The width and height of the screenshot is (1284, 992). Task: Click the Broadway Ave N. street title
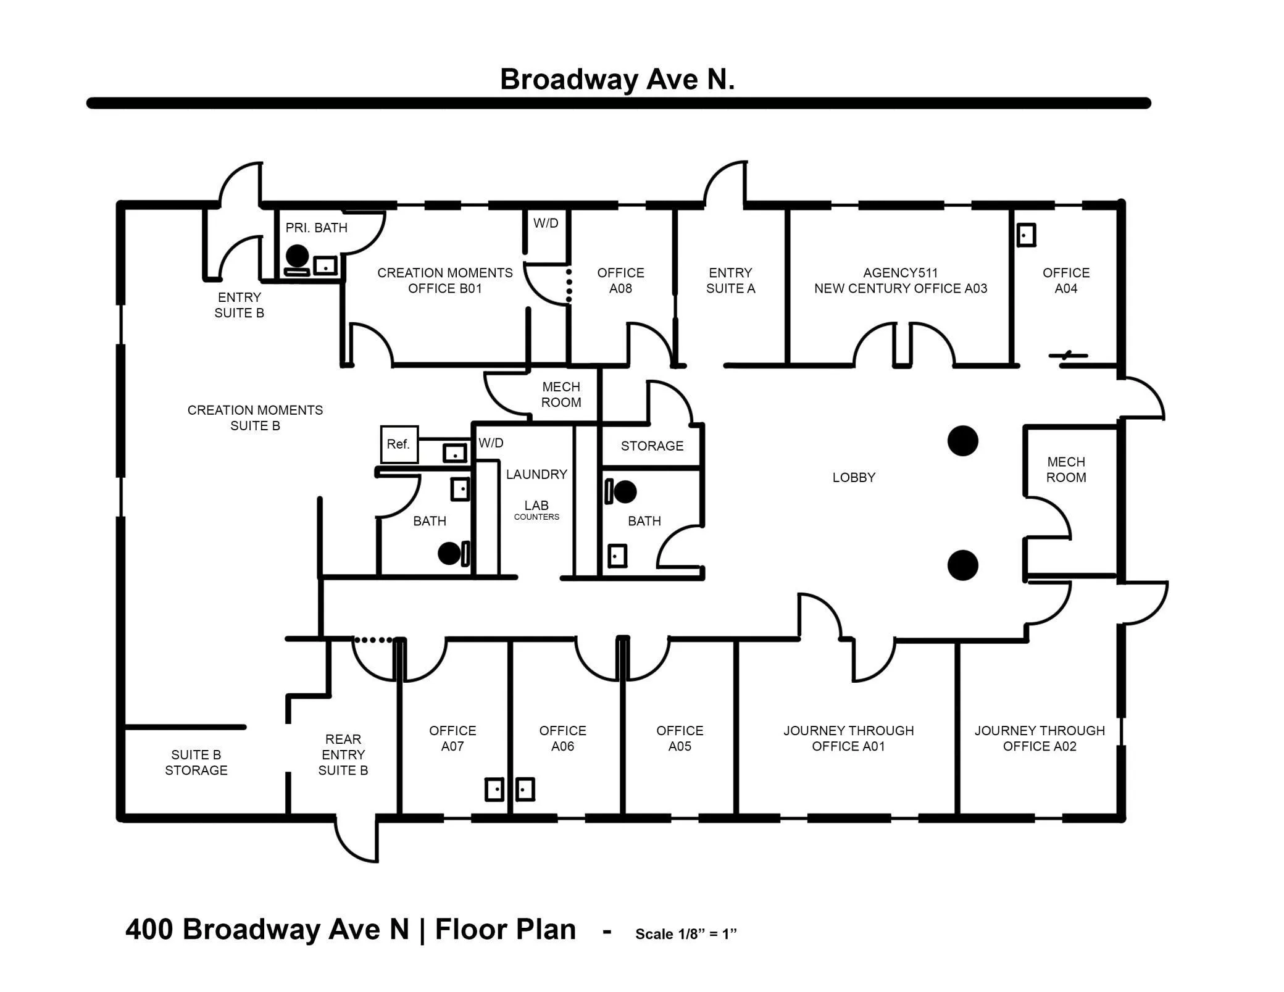pyautogui.click(x=617, y=80)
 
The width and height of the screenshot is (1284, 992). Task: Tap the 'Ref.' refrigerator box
pyautogui.click(x=399, y=444)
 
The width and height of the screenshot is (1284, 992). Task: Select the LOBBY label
pyautogui.click(x=854, y=477)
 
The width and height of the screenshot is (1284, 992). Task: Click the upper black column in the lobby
pyautogui.click(x=963, y=441)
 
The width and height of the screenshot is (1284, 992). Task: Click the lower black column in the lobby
pyautogui.click(x=963, y=565)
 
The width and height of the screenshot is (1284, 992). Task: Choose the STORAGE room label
pyautogui.click(x=652, y=446)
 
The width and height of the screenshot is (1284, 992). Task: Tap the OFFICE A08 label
pyautogui.click(x=620, y=280)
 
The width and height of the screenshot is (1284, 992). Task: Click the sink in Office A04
pyautogui.click(x=1026, y=235)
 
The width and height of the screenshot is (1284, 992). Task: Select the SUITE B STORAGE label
pyautogui.click(x=196, y=762)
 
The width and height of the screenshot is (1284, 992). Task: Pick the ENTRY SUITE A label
pyautogui.click(x=730, y=280)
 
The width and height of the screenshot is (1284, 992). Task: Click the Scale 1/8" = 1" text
pyautogui.click(x=686, y=934)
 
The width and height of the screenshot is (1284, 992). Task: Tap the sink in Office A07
pyautogui.click(x=494, y=790)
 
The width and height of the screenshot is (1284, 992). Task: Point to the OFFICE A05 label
pyautogui.click(x=680, y=738)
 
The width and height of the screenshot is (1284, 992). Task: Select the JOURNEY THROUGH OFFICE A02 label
pyautogui.click(x=1040, y=738)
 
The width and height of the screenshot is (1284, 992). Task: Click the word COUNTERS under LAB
pyautogui.click(x=536, y=517)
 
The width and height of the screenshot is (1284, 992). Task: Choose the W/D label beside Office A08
pyautogui.click(x=546, y=223)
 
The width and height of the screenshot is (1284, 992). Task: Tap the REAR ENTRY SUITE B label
pyautogui.click(x=343, y=754)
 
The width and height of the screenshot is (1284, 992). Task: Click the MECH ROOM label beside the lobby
pyautogui.click(x=1066, y=469)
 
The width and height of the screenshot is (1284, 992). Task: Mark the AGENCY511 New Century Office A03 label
pyautogui.click(x=901, y=280)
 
